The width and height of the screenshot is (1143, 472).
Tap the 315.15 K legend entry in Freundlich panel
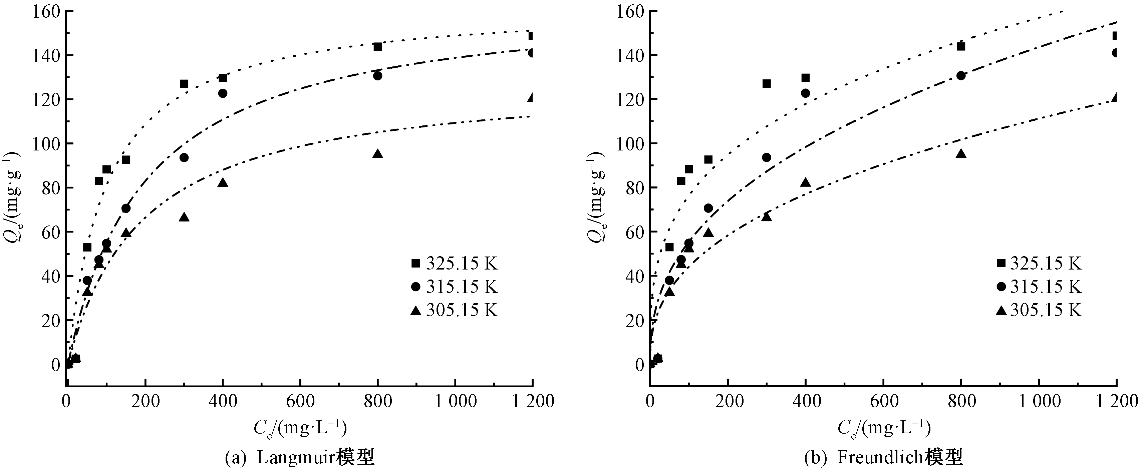click(1038, 287)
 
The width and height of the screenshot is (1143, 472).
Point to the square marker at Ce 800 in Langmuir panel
click(377, 47)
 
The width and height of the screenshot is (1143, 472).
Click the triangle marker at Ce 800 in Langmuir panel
click(377, 154)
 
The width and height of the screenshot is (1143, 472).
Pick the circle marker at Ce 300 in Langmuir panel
click(184, 157)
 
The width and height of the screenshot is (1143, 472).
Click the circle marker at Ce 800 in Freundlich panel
click(961, 75)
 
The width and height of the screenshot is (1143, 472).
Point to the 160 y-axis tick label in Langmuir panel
click(46, 11)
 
